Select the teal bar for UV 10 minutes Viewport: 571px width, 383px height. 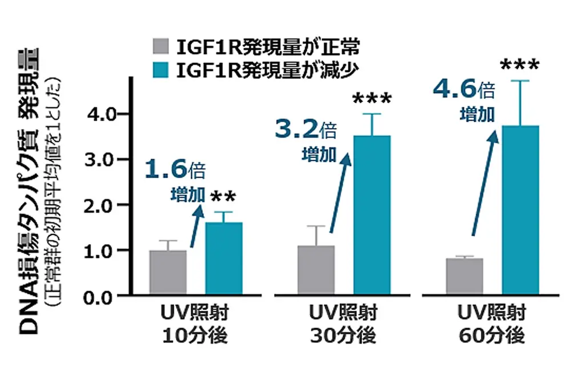click(224, 258)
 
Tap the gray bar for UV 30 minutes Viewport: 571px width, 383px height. click(316, 270)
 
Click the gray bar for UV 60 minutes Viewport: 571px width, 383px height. click(464, 276)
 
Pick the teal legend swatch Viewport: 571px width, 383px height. click(162, 70)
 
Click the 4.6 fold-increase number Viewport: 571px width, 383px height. click(453, 89)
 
